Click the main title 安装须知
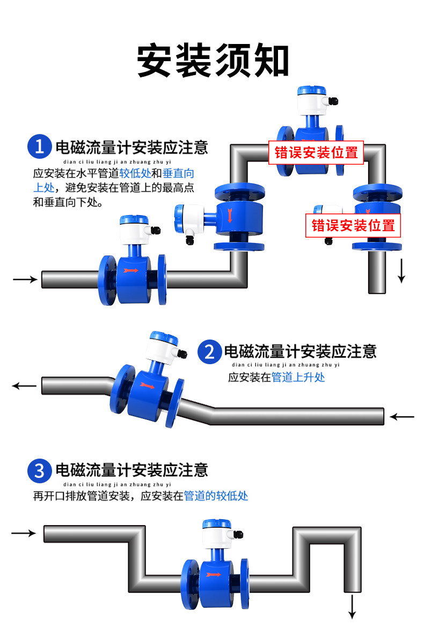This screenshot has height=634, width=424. [213, 60]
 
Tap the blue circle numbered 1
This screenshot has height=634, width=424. [39, 146]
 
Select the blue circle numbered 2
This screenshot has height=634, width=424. [209, 352]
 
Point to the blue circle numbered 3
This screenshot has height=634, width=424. [39, 470]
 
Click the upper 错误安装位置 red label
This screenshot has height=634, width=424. [316, 152]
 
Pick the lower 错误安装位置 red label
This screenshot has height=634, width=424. [353, 225]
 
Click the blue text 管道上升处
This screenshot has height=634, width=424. [298, 377]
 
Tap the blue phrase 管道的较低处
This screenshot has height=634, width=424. [216, 496]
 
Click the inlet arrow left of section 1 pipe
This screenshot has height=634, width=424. [25, 279]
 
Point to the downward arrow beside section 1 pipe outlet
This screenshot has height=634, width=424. [401, 270]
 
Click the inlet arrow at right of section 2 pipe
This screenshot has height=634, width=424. [402, 416]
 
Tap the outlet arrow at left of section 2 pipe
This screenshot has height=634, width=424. [24, 386]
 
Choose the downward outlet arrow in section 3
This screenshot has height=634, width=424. [353, 607]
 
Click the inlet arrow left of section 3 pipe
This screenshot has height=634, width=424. [24, 533]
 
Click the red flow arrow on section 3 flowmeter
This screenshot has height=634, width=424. [214, 574]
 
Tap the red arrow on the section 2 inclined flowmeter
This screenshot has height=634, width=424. [147, 385]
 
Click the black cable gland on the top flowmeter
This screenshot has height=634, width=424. [334, 101]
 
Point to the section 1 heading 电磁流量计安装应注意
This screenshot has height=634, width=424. [132, 148]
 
